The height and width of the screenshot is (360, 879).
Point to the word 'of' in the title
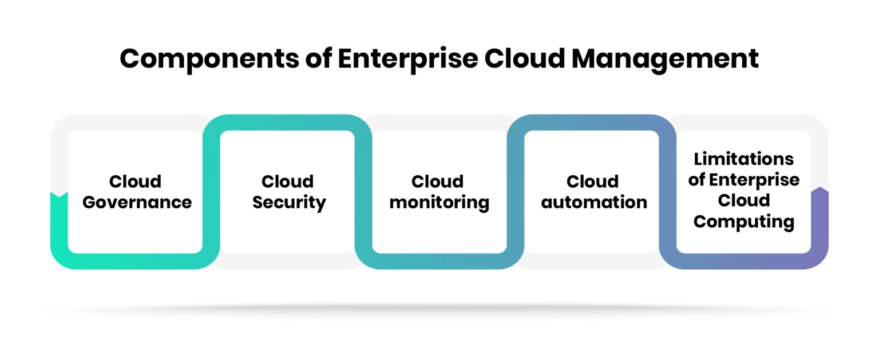pos(315,59)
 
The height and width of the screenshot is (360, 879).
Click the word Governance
pos(137,203)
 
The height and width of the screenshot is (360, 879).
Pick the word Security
pos(289,203)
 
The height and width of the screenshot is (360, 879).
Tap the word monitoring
pos(439,203)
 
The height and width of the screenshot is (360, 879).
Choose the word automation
pos(594,203)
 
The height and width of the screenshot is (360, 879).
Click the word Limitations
pos(743,159)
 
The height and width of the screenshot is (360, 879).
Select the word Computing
pos(743,221)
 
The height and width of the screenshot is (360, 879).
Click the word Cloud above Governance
pos(136,181)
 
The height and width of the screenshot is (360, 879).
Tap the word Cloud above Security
pos(288,181)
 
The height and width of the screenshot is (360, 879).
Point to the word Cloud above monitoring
pos(438,181)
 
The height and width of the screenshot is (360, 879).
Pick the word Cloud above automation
pos(593,181)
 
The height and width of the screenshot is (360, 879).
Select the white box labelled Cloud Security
pos(288,229)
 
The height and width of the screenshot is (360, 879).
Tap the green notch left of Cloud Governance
pos(59,197)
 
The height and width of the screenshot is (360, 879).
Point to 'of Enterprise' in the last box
pos(743,180)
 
